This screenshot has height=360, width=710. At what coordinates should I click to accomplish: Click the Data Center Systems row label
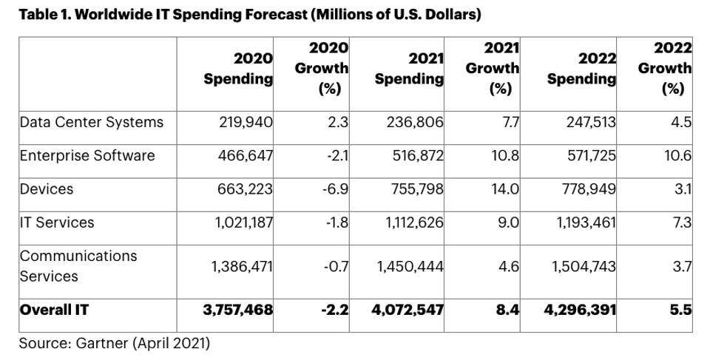[91, 122]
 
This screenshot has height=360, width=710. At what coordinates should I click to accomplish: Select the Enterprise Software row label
[87, 155]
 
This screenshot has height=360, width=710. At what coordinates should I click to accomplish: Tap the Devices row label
[46, 189]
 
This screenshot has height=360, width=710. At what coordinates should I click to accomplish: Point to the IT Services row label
[56, 222]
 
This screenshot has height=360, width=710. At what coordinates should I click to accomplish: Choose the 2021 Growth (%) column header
[492, 68]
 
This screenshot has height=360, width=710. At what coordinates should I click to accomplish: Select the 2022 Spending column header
[582, 68]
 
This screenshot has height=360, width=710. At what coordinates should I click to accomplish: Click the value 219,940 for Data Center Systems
[246, 122]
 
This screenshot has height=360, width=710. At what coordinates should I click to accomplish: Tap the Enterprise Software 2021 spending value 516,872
[415, 155]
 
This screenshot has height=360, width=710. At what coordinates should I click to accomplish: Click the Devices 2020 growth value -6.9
[336, 189]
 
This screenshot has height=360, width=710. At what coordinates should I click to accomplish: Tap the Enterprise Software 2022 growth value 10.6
[677, 155]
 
